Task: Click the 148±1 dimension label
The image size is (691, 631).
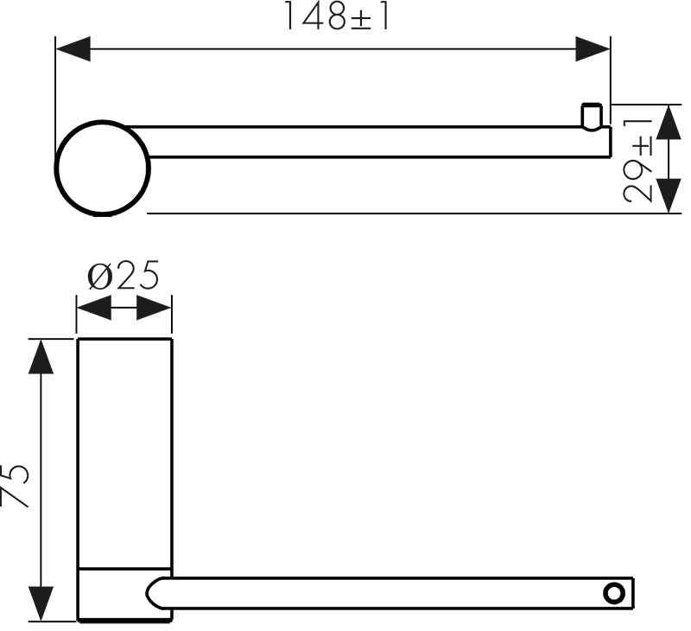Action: [337, 16]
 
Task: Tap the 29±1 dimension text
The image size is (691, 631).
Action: [638, 161]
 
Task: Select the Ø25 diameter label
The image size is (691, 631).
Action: [124, 276]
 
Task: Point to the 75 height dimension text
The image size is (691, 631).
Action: [15, 485]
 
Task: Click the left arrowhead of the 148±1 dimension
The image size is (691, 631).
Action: [73, 49]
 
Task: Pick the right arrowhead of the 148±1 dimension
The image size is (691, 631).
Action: [593, 49]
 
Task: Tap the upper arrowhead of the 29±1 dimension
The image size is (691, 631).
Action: [669, 122]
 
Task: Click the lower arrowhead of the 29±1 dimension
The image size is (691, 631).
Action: [669, 195]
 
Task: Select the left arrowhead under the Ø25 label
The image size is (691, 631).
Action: [94, 308]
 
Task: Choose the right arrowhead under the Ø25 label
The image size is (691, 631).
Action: [154, 308]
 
